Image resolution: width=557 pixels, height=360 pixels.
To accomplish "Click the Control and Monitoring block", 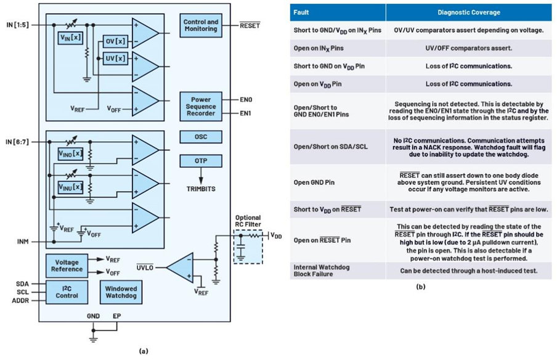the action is (x=201, y=25).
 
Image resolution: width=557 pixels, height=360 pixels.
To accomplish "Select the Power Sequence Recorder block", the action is (x=201, y=106).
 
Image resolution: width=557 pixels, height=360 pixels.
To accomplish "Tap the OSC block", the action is (x=201, y=137).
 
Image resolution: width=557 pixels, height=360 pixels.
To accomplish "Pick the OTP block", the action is (x=201, y=161).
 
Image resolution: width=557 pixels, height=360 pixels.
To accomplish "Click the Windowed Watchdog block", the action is (x=121, y=292).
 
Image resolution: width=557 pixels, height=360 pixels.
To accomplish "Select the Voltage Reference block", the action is (x=67, y=266).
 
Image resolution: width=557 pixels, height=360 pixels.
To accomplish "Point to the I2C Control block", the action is (x=67, y=292).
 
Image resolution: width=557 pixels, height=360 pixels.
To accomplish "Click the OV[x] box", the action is (x=115, y=41).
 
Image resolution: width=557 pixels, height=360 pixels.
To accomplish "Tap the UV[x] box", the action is (x=115, y=58).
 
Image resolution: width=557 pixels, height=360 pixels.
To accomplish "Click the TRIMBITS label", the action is (x=201, y=189).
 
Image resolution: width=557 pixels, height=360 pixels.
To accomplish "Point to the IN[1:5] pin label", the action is (x=17, y=25).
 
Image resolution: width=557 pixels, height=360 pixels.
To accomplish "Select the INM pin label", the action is (x=23, y=242).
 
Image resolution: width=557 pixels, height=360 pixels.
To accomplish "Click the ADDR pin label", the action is (x=20, y=301).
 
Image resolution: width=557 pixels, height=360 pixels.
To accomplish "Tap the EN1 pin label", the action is (x=246, y=113).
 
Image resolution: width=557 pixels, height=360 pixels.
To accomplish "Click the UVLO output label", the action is (x=145, y=268).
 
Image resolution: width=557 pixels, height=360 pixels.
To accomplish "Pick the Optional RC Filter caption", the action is (x=248, y=221).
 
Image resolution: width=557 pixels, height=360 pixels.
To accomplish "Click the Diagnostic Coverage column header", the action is (x=468, y=12).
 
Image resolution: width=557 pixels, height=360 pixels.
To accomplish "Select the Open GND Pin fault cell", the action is (x=314, y=182).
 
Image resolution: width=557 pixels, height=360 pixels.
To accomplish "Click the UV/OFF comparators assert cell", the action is (x=468, y=48).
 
